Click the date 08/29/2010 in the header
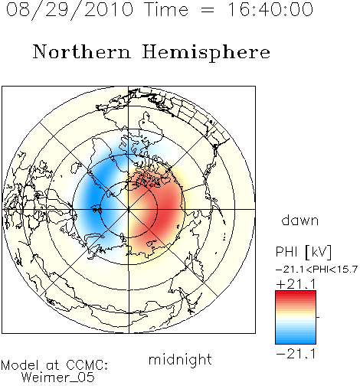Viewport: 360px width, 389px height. (70, 10)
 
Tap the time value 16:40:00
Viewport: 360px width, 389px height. (270, 9)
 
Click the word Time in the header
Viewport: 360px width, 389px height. (166, 9)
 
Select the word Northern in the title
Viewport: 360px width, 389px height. (82, 51)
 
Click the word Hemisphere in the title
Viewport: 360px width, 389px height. (206, 53)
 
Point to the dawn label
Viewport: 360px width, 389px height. (300, 220)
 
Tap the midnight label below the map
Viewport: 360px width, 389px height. (180, 359)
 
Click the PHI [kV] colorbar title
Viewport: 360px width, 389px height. (303, 252)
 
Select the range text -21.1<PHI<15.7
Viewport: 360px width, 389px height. (316, 270)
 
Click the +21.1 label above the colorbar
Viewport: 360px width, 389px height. (296, 284)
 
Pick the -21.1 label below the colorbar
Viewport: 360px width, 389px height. (296, 354)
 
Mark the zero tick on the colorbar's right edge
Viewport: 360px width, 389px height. (318, 317)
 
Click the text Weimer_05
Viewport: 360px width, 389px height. (58, 378)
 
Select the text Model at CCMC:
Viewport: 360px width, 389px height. (54, 365)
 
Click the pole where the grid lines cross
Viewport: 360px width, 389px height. (129, 209)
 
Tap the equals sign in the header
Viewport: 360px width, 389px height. (208, 10)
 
